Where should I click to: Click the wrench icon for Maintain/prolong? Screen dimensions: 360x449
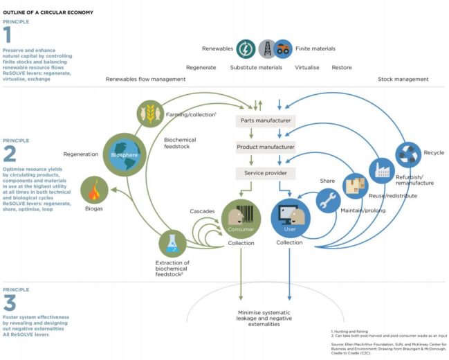click(329, 201)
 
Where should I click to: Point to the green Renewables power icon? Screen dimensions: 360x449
click(246, 49)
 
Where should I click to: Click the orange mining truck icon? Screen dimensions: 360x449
click(284, 49)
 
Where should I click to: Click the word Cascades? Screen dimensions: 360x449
click(201, 210)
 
